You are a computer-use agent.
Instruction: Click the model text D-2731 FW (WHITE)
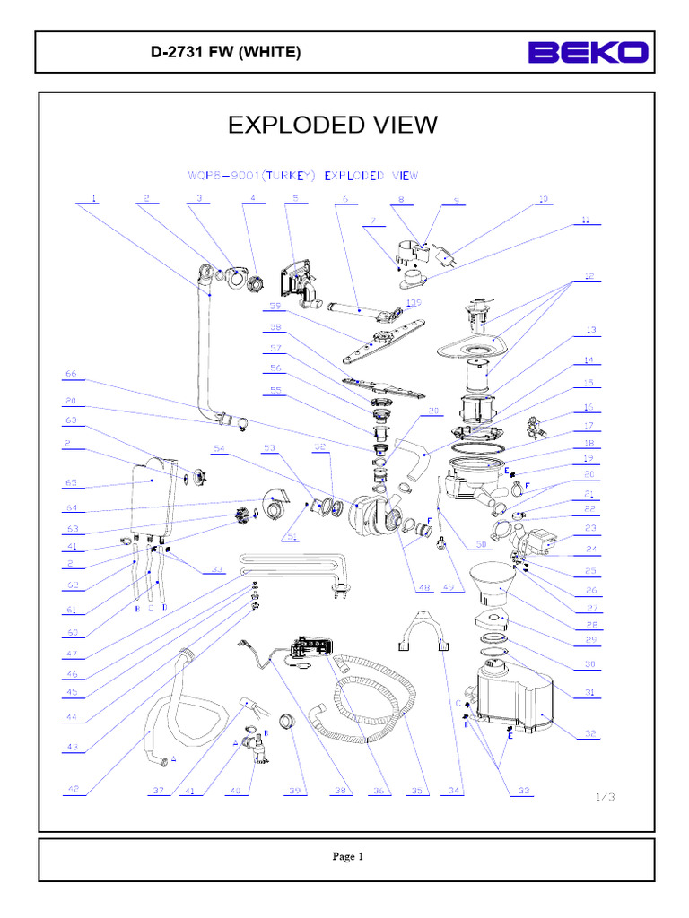[x=225, y=53]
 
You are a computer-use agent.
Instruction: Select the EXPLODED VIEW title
[x=333, y=125]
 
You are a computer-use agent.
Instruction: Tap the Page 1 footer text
[x=347, y=856]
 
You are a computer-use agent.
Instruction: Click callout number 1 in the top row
[x=93, y=198]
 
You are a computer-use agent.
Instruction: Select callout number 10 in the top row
[x=542, y=198]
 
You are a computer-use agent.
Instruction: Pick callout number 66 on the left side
[x=71, y=374]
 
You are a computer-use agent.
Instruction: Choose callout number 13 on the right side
[x=589, y=331]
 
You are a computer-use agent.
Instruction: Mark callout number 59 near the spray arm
[x=275, y=306]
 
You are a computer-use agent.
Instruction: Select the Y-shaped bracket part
[x=428, y=624]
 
